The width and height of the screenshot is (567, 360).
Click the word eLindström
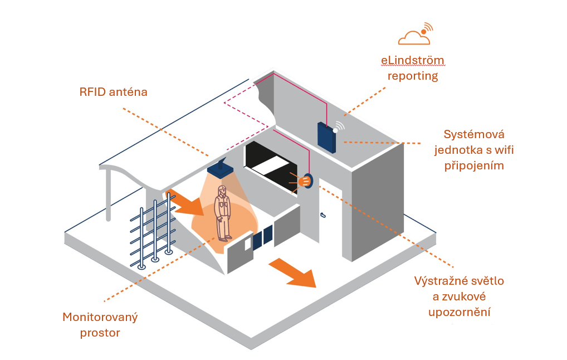[x=412, y=60]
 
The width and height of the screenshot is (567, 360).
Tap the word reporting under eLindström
[x=412, y=76]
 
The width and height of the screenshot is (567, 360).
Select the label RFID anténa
[x=114, y=92]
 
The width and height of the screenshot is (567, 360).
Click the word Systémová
[x=473, y=134]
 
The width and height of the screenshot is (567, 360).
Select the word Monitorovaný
[x=100, y=318]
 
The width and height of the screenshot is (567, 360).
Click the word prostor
[x=100, y=333]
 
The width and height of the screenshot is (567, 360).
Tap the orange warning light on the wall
[x=304, y=181]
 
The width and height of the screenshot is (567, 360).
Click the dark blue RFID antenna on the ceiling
[x=222, y=170]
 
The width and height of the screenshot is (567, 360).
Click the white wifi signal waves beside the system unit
[x=340, y=126]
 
